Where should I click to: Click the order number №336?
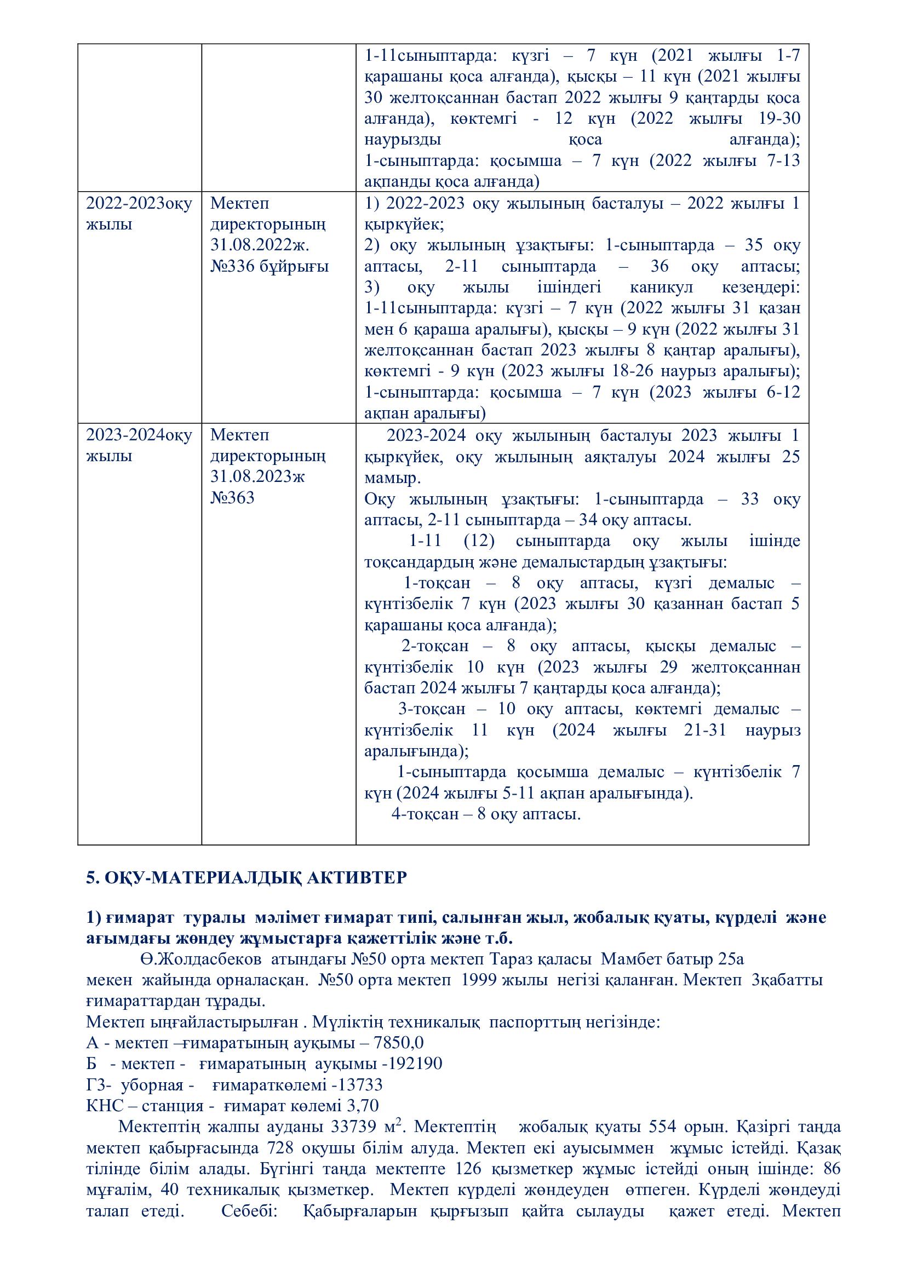click(x=233, y=266)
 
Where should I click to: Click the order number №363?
click(x=233, y=498)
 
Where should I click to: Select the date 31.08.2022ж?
click(x=260, y=245)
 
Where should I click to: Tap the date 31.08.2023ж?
click(x=258, y=476)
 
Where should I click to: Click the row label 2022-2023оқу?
click(x=139, y=203)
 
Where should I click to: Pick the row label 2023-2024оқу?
click(x=139, y=435)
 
